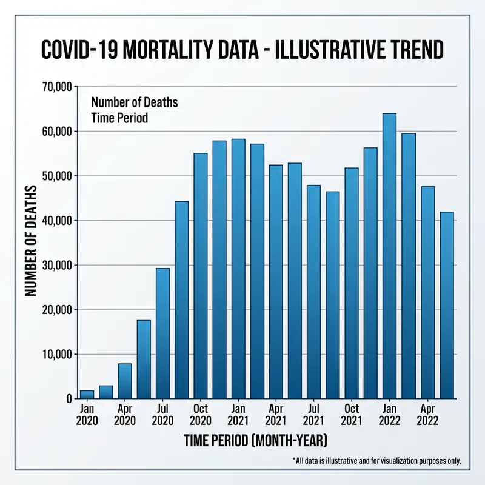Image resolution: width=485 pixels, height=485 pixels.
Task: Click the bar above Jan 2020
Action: [87, 394]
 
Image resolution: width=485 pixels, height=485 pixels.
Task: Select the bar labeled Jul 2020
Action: [162, 333]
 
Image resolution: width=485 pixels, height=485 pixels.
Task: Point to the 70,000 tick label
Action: [55, 87]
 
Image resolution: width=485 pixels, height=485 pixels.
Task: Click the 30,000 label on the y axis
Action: [55, 265]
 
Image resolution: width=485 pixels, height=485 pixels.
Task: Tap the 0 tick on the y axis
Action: [69, 399]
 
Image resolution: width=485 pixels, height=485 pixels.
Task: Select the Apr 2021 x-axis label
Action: [276, 414]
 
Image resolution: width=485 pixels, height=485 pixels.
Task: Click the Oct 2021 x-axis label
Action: [352, 414]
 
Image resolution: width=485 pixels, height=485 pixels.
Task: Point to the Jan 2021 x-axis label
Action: [238, 414]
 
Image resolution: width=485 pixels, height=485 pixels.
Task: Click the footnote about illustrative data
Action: [376, 461]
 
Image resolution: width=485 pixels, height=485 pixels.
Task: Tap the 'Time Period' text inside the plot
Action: [119, 118]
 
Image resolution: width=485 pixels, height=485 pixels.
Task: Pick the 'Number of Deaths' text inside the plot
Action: [134, 102]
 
